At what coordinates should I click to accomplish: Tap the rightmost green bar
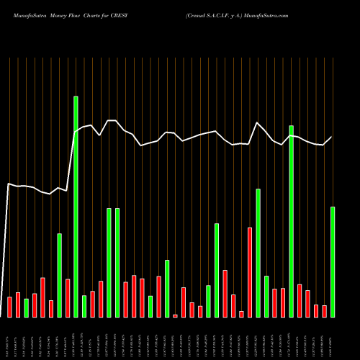point(333,262)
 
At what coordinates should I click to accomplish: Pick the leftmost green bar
point(27,308)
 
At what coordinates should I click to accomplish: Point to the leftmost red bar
point(10,307)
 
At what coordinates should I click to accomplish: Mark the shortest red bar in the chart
point(175,315)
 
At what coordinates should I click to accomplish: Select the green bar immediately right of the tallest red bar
point(258,253)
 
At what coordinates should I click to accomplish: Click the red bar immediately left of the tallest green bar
point(68,298)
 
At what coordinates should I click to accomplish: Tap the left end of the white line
point(8,184)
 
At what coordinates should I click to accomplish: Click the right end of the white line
point(332,137)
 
